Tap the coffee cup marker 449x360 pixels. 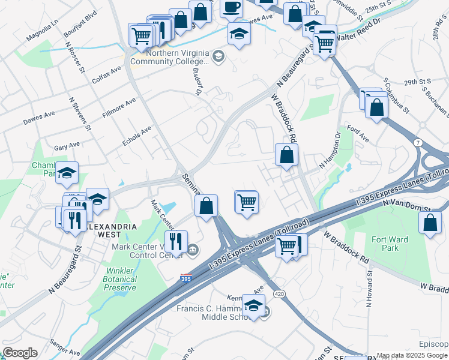coord(231,7)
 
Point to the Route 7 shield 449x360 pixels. coord(417,142)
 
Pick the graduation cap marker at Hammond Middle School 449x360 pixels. coord(253,305)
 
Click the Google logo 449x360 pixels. coord(20,353)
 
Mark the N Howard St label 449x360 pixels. coord(368,286)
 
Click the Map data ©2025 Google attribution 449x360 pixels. coord(412,355)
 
